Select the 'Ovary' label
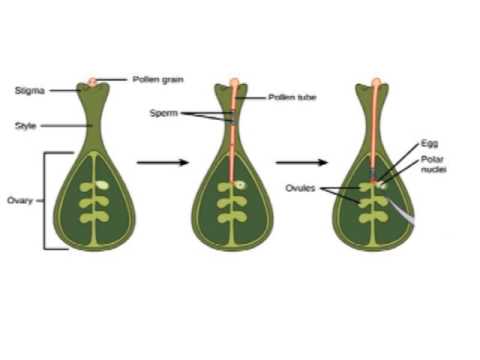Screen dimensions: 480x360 pyautogui.click(x=21, y=200)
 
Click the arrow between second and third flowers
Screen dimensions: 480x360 pyautogui.click(x=301, y=162)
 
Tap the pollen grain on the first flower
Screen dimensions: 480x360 pyautogui.click(x=92, y=81)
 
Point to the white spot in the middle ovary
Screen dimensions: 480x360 pyautogui.click(x=241, y=185)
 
